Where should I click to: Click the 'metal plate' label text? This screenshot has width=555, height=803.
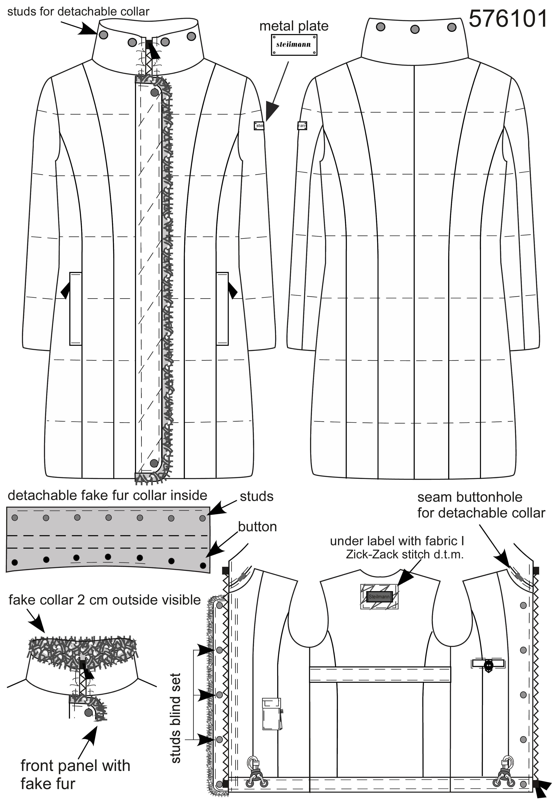tap(294, 26)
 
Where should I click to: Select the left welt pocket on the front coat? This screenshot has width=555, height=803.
tap(76, 308)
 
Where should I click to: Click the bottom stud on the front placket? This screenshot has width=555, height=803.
tap(154, 463)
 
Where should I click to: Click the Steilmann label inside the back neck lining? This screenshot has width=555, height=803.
tap(379, 597)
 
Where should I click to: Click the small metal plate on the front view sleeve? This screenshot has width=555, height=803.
tap(259, 126)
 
